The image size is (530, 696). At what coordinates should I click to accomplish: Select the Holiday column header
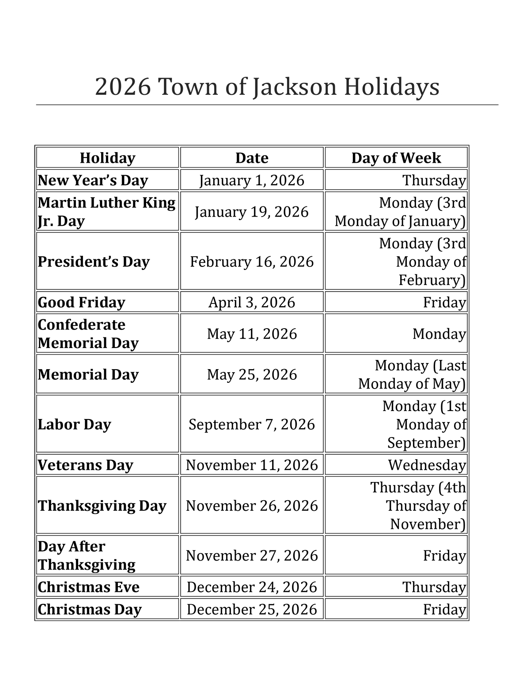(107, 158)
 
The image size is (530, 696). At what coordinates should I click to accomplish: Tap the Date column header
(252, 158)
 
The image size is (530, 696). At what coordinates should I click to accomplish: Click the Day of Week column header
(396, 158)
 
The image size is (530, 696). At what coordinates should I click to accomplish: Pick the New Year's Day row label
(93, 180)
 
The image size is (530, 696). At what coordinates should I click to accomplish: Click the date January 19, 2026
(252, 212)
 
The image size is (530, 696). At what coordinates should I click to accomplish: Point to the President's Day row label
(94, 261)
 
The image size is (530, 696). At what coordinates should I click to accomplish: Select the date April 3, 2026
(252, 302)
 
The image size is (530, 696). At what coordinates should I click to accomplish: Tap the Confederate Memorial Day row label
(88, 333)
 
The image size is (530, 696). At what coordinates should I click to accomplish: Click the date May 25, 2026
(252, 374)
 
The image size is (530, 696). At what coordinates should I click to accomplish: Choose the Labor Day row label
(74, 424)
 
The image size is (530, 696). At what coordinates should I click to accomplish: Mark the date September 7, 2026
(252, 424)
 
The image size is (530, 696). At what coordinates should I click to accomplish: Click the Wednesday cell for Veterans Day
(427, 465)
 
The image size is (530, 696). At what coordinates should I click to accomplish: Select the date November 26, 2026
(252, 505)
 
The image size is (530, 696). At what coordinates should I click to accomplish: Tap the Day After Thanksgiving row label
(87, 555)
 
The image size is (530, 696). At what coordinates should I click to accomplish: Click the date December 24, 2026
(252, 587)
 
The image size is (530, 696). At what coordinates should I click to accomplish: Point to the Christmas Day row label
(90, 609)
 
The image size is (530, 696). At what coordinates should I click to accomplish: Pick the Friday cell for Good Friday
(444, 302)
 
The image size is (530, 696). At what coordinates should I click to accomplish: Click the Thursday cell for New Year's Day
(434, 180)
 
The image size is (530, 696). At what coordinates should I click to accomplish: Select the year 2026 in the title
(123, 87)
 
